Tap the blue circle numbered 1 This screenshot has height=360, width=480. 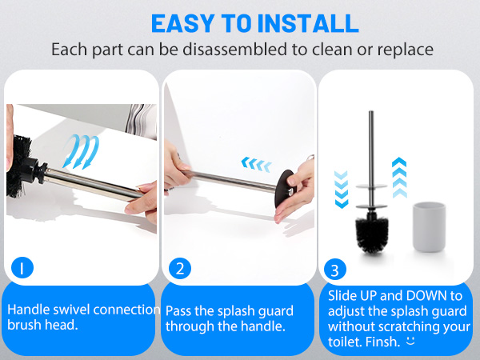point(23,267)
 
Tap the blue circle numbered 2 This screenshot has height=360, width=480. point(179,267)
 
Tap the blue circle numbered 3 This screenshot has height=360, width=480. point(334,267)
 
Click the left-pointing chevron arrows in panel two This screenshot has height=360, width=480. point(257,164)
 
